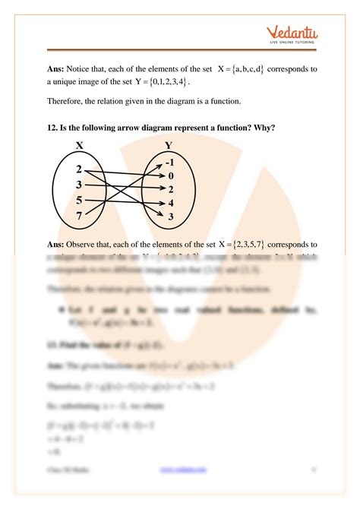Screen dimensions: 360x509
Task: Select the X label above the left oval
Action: pos(78,144)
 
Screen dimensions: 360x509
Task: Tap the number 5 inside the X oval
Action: pos(79,201)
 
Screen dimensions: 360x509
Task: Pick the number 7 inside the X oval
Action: pos(79,217)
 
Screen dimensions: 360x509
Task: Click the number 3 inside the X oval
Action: pos(79,185)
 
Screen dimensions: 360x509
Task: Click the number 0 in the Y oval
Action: pos(170,175)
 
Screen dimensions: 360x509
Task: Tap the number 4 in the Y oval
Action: pos(170,203)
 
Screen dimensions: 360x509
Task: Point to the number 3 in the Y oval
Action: pos(170,217)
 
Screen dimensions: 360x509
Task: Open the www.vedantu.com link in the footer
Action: pos(184,491)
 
